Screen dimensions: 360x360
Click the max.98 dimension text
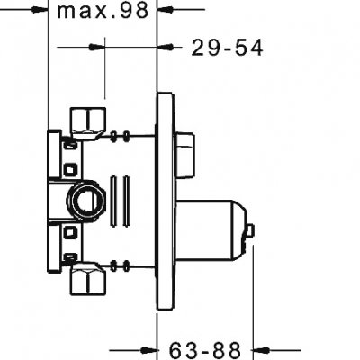[x=105, y=12]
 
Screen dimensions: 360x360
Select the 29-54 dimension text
[x=227, y=49]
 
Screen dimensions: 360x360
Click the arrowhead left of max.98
[x=39, y=12]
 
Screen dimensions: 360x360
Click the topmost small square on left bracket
[x=70, y=145]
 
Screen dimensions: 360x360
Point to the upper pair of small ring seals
[x=123, y=138]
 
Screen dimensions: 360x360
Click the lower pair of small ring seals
[x=123, y=264]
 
